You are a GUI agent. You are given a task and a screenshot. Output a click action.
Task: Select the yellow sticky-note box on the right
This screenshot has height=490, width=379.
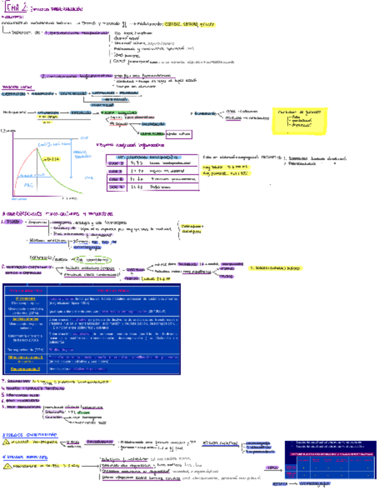pos(300,119)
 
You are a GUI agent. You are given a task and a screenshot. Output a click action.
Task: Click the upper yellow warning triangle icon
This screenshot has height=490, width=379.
pos(7,442)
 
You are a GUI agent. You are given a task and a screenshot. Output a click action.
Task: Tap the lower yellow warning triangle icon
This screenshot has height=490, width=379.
pos(7,465)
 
